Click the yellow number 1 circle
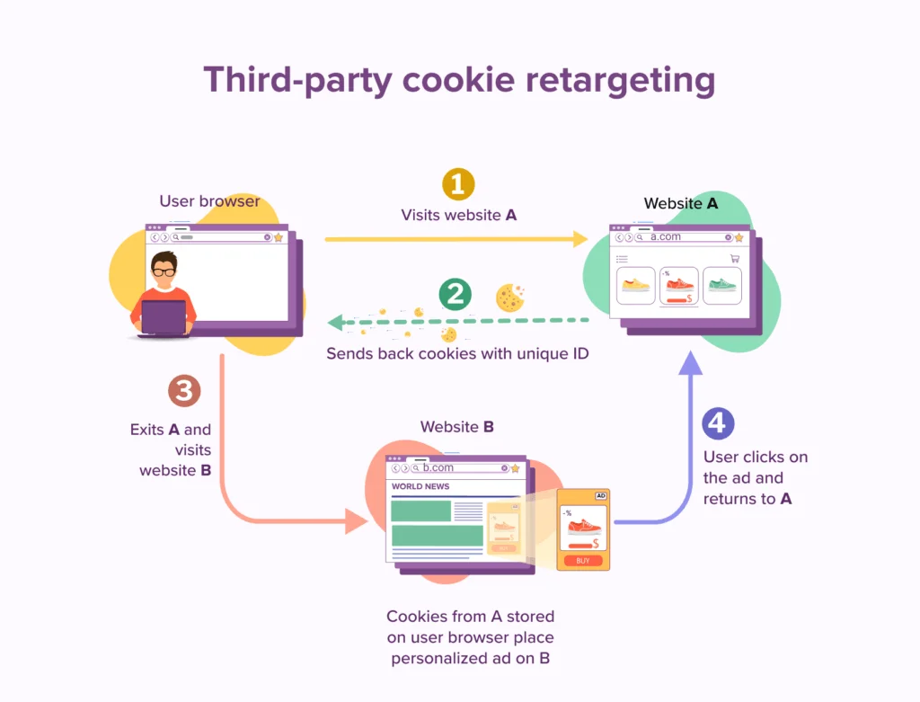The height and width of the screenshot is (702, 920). pyautogui.click(x=458, y=184)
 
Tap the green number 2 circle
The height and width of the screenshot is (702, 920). pyautogui.click(x=456, y=294)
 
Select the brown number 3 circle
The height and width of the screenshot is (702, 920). pyautogui.click(x=184, y=391)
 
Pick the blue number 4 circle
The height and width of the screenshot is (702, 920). pyautogui.click(x=718, y=423)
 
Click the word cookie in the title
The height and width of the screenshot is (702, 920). pyautogui.click(x=458, y=79)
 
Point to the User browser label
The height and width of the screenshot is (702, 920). pyautogui.click(x=209, y=200)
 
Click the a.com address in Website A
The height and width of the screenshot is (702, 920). pyautogui.click(x=666, y=236)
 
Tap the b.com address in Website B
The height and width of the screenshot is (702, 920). pyautogui.click(x=438, y=467)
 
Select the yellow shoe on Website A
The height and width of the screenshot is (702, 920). pyautogui.click(x=636, y=285)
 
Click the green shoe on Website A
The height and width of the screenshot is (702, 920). pyautogui.click(x=722, y=285)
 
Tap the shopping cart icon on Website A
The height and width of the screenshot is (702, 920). pyautogui.click(x=735, y=258)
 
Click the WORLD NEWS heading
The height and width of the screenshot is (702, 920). pyautogui.click(x=420, y=486)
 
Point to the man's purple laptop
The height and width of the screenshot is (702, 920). pyautogui.click(x=164, y=317)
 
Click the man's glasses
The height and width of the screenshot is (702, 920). pyautogui.click(x=164, y=272)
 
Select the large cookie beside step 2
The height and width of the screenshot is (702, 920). pyautogui.click(x=509, y=298)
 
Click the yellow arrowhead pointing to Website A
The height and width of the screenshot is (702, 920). pyautogui.click(x=580, y=239)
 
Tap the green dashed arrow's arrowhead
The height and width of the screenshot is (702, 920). pyautogui.click(x=336, y=322)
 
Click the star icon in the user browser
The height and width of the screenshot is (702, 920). pyautogui.click(x=279, y=237)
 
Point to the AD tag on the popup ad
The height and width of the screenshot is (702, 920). pyautogui.click(x=601, y=496)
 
